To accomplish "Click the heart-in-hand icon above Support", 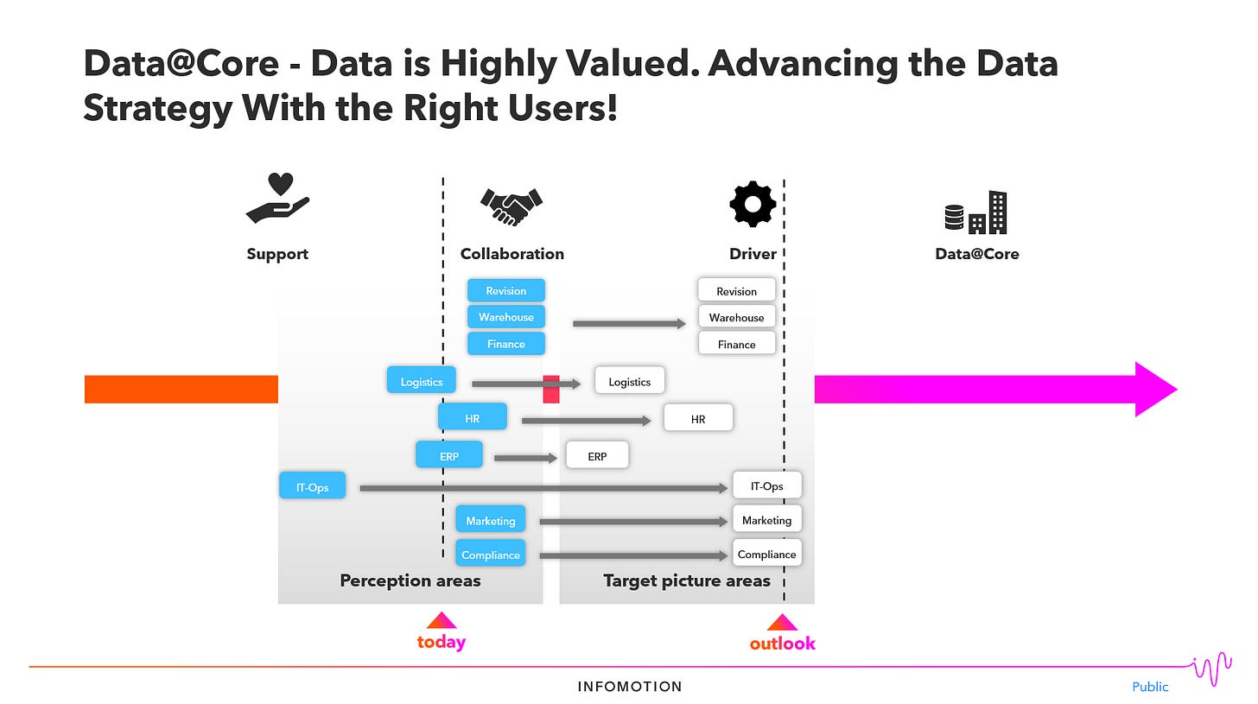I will [x=277, y=198].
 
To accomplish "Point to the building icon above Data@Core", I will [x=976, y=212].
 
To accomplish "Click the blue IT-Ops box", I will [x=312, y=486].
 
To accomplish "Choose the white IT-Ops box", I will [x=766, y=485].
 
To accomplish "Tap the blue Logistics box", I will [x=421, y=381].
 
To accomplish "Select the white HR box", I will [x=698, y=418].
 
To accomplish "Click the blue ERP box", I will [x=448, y=455].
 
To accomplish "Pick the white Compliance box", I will [x=766, y=554].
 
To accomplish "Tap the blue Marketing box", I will [x=490, y=520].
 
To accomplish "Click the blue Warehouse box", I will [x=506, y=317].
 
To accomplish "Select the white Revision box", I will [x=736, y=291].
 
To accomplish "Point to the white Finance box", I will [x=736, y=344].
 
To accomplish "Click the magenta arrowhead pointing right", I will [x=1154, y=390].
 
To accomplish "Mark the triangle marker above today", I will [x=442, y=620].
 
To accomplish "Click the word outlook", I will [x=782, y=644].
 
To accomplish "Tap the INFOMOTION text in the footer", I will [x=630, y=687].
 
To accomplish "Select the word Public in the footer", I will [x=1150, y=687].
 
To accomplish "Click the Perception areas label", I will [x=410, y=580].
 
